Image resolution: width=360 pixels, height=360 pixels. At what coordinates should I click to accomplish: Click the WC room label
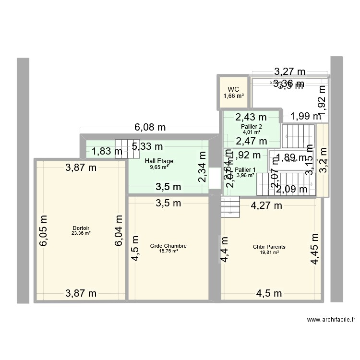pyautogui.click(x=233, y=89)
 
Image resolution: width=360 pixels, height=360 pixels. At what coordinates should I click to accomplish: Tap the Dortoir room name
pyautogui.click(x=81, y=228)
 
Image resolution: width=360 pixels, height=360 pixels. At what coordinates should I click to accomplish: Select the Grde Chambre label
pyautogui.click(x=168, y=246)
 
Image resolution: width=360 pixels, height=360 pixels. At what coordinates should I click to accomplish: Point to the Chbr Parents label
pyautogui.click(x=269, y=247)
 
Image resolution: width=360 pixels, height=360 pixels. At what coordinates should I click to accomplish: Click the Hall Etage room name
pyautogui.click(x=159, y=161)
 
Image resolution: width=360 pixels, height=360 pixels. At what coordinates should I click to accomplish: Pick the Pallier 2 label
pyautogui.click(x=252, y=127)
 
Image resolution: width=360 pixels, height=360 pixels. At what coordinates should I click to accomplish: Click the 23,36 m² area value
pyautogui.click(x=81, y=233)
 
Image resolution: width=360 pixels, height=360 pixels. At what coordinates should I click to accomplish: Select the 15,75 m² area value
pyautogui.click(x=168, y=251)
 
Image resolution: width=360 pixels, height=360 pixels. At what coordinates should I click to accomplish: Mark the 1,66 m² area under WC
pyautogui.click(x=233, y=96)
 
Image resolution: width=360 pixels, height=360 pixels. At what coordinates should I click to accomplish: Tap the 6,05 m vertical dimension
pyautogui.click(x=44, y=230)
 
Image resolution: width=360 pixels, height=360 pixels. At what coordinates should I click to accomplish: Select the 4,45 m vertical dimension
pyautogui.click(x=314, y=249)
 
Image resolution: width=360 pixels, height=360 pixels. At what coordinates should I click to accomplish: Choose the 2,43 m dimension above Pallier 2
pyautogui.click(x=250, y=117)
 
